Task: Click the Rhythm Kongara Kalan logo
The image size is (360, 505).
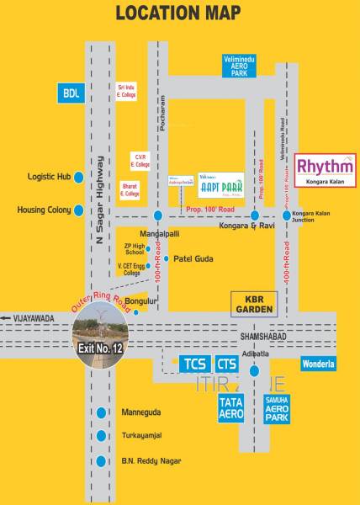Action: click(x=326, y=171)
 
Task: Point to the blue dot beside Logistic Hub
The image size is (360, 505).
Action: click(x=78, y=177)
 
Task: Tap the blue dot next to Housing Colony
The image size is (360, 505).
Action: click(x=78, y=210)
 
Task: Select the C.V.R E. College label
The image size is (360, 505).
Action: click(x=140, y=159)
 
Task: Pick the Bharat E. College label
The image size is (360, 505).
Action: click(x=130, y=191)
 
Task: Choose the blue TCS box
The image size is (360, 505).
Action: click(x=193, y=364)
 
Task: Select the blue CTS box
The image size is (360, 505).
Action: click(x=227, y=364)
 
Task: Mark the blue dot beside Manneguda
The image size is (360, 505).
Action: click(x=102, y=412)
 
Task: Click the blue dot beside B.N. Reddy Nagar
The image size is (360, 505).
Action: click(x=102, y=460)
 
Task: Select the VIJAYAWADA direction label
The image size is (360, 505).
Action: click(x=34, y=316)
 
